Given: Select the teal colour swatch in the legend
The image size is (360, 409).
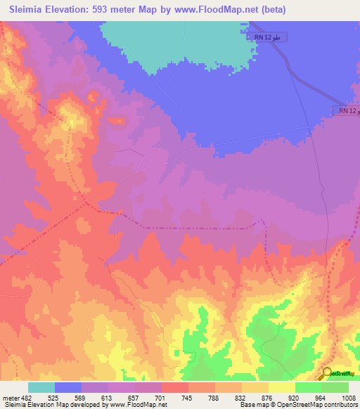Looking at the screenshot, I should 41,387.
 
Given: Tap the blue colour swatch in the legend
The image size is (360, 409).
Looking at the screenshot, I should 68,387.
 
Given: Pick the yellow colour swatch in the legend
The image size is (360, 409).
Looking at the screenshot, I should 282,387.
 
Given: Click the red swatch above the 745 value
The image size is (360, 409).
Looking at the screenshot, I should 175,387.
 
